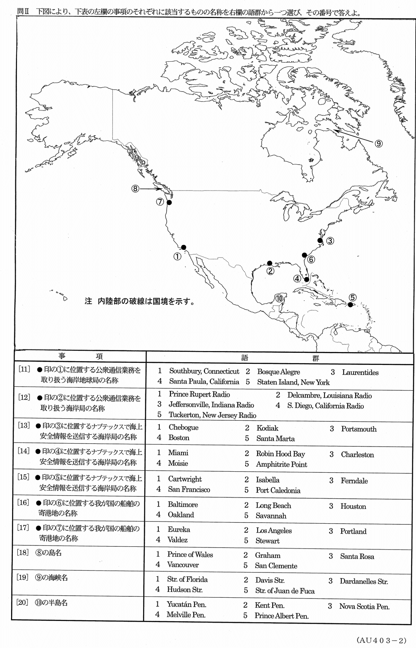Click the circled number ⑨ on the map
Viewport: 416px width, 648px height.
point(379,143)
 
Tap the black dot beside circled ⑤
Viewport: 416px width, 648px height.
point(350,305)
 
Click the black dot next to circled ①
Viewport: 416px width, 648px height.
point(184,247)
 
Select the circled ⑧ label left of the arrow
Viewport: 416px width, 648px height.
point(135,189)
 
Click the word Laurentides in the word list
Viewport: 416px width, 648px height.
point(360,373)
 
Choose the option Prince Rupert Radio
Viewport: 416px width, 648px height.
point(199,394)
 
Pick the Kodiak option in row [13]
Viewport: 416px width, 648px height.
point(267,428)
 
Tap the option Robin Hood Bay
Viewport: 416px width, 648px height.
point(280,454)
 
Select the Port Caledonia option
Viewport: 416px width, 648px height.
point(278,490)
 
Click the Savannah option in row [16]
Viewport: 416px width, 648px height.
point(271,516)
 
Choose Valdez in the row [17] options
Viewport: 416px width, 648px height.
point(177,540)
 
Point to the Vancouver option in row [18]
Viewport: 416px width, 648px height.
point(183,564)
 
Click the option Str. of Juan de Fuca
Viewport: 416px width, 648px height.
point(285,591)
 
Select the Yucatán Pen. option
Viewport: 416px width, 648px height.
point(187,605)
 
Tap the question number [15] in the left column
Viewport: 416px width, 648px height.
point(24,477)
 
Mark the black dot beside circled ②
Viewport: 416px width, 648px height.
point(270,263)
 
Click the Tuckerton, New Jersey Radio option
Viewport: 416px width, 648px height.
point(212,415)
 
